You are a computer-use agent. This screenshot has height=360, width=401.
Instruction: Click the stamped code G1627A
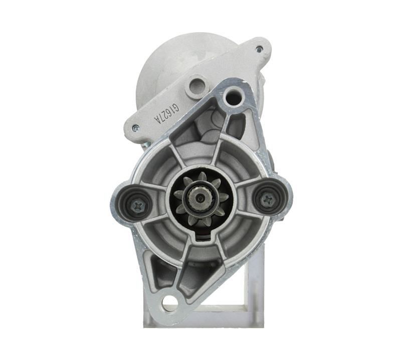coord(165,115)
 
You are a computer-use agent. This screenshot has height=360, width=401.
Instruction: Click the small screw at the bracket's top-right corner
coord(259,49)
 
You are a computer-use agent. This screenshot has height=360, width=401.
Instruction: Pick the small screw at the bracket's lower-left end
coord(134,128)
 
